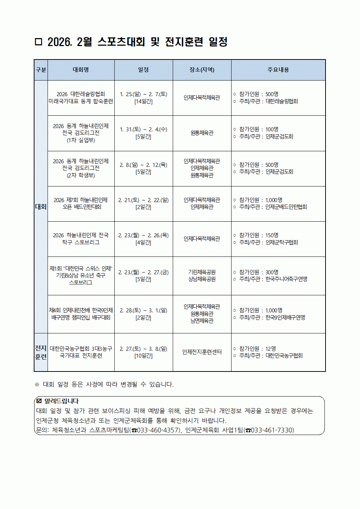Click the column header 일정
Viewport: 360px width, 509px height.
click(x=143, y=70)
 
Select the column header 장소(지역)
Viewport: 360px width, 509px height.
click(x=202, y=70)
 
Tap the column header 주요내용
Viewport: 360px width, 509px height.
click(x=278, y=70)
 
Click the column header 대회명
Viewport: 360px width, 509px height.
click(x=81, y=70)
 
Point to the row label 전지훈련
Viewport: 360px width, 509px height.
click(x=41, y=352)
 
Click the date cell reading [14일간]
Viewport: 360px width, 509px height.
click(x=143, y=102)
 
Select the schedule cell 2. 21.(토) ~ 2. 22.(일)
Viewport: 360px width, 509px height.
click(x=143, y=200)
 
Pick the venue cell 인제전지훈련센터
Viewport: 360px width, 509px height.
click(x=202, y=352)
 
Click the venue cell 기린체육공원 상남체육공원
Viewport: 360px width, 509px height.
click(x=202, y=276)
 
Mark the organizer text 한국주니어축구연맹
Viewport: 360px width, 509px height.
click(x=286, y=279)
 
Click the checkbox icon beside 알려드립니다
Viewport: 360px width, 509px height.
click(x=39, y=401)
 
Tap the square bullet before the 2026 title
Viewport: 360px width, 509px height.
click(x=38, y=42)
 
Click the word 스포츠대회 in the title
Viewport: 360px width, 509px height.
click(x=121, y=42)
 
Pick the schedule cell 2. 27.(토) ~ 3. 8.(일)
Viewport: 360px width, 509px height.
click(x=143, y=349)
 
